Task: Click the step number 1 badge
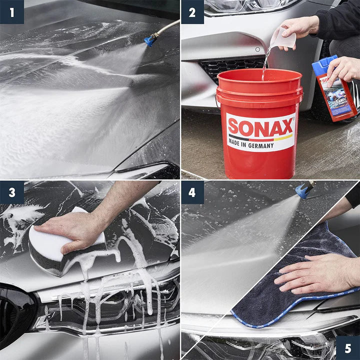pyautogui.click(x=12, y=12)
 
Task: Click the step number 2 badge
pyautogui.click(x=192, y=12)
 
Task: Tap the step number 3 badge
pyautogui.click(x=12, y=192)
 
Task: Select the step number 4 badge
pyautogui.click(x=192, y=192)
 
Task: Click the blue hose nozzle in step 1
pyautogui.click(x=149, y=40)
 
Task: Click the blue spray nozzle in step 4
pyautogui.click(x=302, y=190)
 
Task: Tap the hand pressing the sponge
pyautogui.click(x=80, y=227)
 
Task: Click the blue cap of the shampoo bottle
pyautogui.click(x=320, y=63)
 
